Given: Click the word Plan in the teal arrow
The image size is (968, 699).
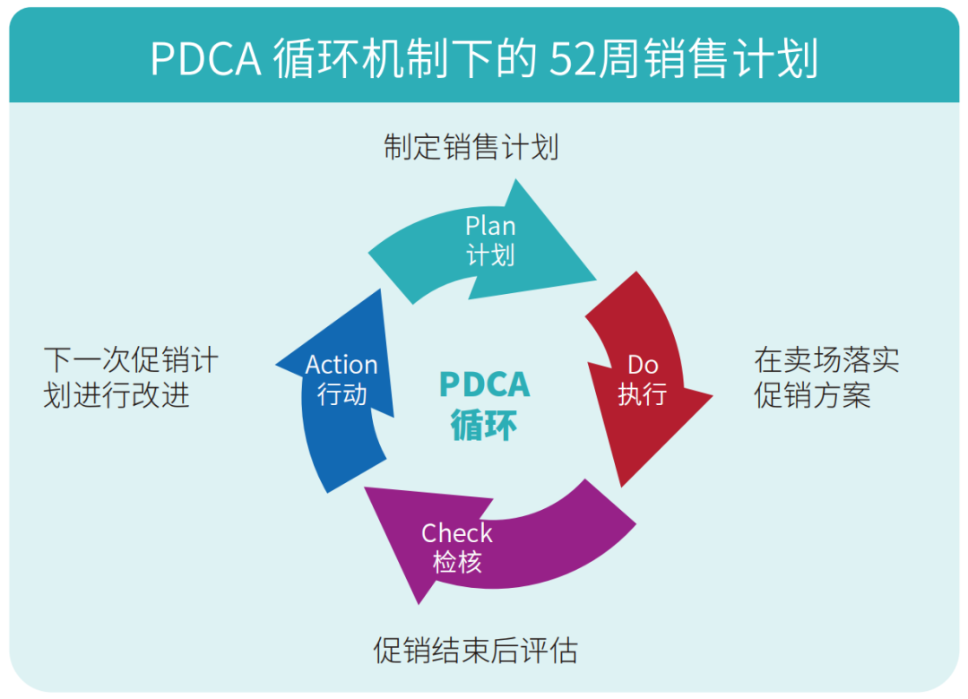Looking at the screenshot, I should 490,227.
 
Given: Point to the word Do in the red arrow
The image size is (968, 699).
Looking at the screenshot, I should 643,364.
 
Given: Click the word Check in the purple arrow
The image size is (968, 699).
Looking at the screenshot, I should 457,533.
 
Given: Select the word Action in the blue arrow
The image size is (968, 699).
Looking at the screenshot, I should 341,365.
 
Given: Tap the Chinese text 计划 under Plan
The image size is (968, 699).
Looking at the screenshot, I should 490,255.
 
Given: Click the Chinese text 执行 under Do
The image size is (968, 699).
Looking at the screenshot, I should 643,393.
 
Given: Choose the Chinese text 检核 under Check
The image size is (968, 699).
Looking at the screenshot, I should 457,562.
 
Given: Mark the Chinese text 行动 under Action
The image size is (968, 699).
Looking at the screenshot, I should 341,393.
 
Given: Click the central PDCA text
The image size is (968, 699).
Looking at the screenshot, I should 484,384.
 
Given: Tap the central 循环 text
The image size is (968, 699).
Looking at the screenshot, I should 484,424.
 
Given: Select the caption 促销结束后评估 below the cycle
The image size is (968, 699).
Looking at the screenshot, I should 475,650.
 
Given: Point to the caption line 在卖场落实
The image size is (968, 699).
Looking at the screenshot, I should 826,360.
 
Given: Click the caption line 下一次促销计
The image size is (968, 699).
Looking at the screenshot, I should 131,360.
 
